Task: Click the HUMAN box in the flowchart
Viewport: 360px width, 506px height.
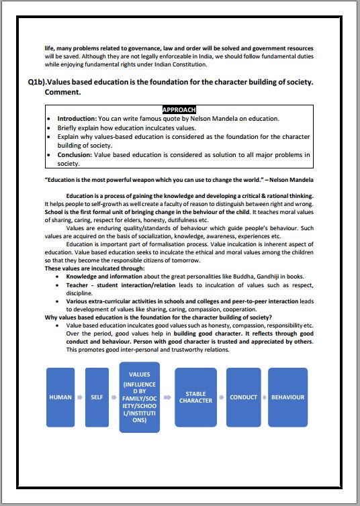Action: (x=61, y=397)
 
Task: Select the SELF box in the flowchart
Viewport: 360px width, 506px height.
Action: (x=97, y=397)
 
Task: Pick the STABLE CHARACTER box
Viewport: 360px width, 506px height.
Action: (x=195, y=397)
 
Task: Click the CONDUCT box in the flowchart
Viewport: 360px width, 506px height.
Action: (x=243, y=397)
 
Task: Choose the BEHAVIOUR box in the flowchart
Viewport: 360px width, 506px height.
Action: (x=287, y=397)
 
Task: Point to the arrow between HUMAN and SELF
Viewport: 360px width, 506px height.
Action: (x=81, y=397)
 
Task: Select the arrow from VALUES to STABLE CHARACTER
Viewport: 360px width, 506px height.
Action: (x=167, y=397)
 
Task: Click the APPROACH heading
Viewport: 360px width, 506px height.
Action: (x=179, y=109)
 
